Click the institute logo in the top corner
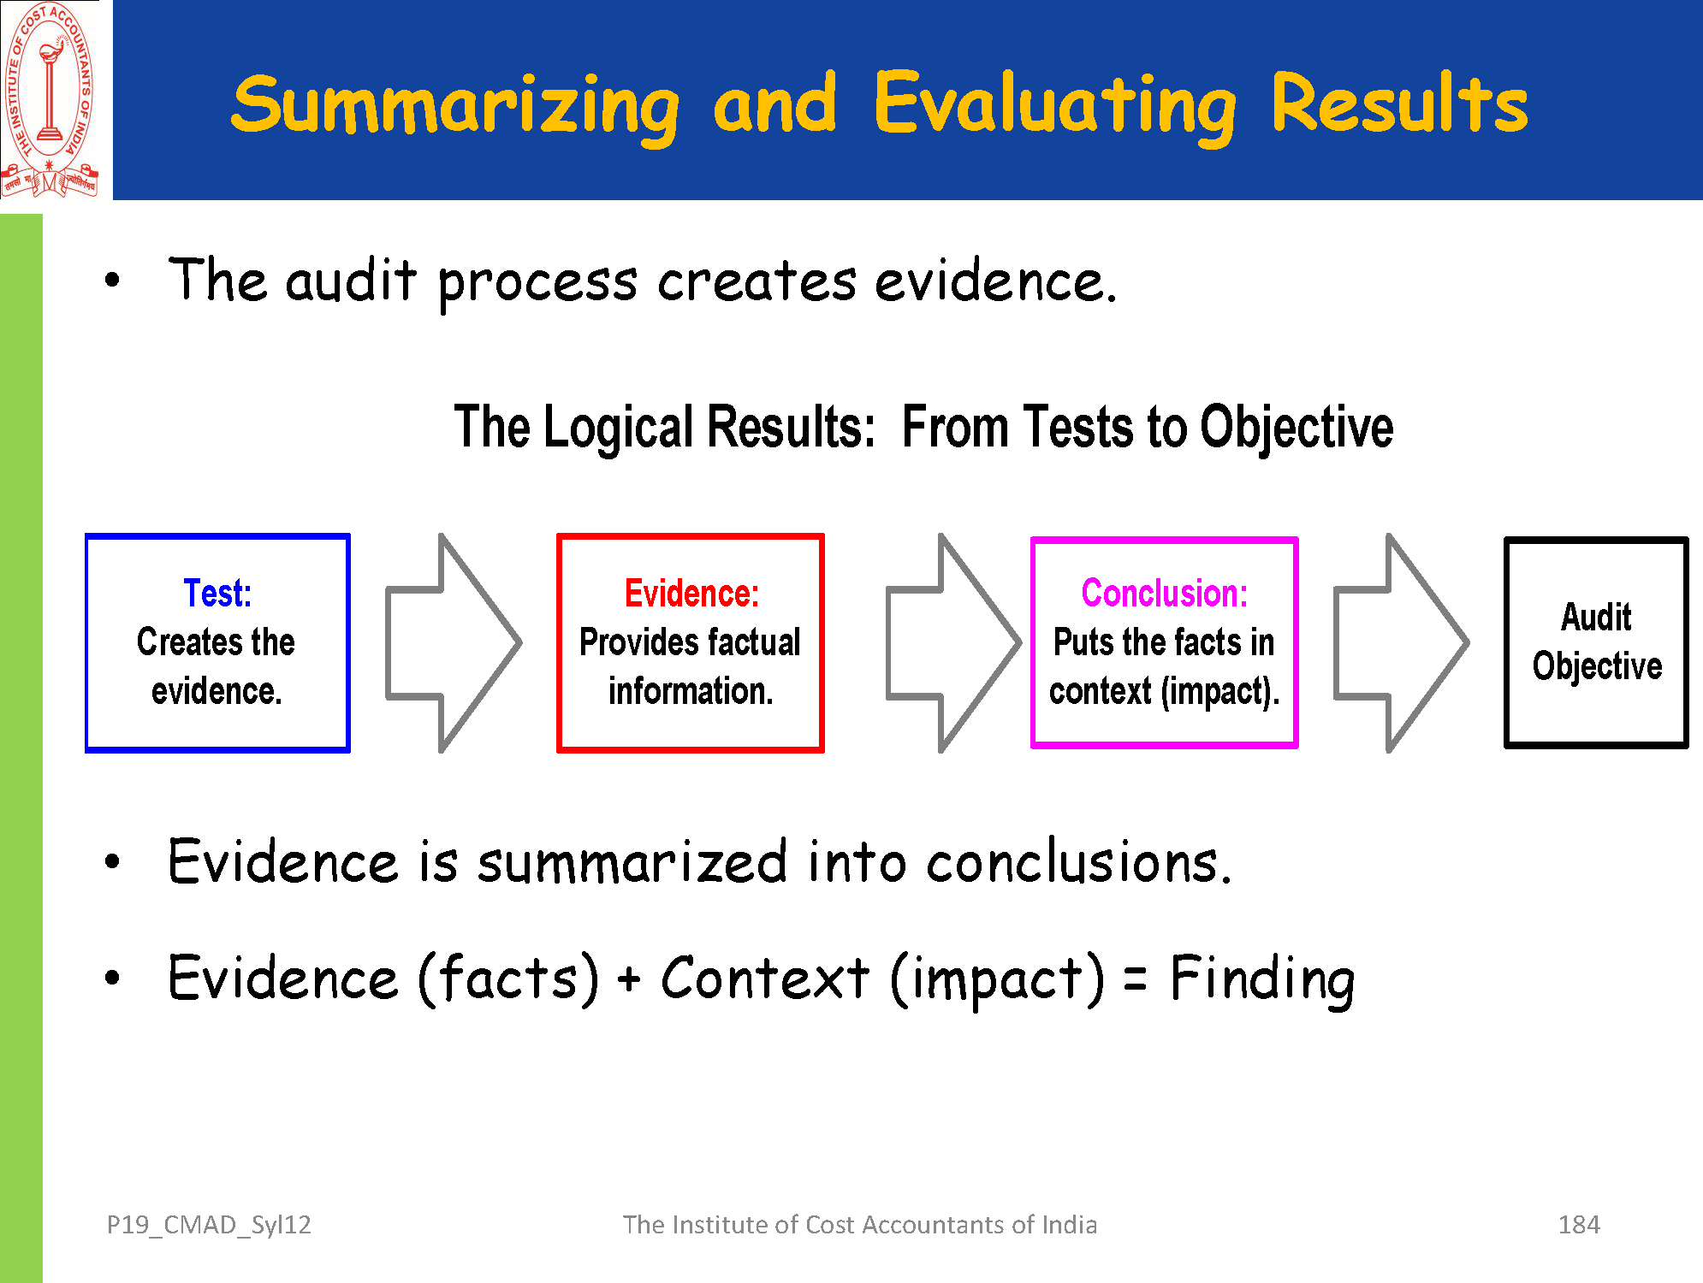pos(50,99)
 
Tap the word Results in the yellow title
pos(1399,104)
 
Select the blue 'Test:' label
pos(217,593)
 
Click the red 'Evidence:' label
pos(691,593)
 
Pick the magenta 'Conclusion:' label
pos(1164,593)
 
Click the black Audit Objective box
pos(1596,642)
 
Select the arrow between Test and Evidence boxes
pos(453,643)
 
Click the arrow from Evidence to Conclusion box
pos(952,643)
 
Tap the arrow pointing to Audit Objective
pos(1401,643)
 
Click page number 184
pos(1579,1225)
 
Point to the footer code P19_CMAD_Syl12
pos(209,1225)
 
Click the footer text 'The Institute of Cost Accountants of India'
pos(859,1225)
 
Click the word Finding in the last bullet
pos(1262,979)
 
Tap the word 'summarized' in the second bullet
pos(632,862)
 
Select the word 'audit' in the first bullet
pos(351,281)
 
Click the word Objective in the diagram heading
pos(1296,427)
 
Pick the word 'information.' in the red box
pos(691,691)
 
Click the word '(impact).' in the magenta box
pos(1219,691)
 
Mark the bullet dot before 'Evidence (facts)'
pos(112,978)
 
